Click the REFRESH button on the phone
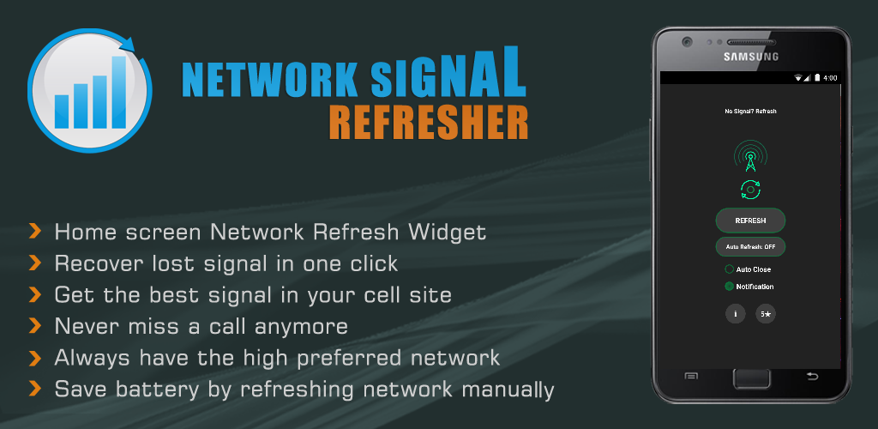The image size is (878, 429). [750, 221]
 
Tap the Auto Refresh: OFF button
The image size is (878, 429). [750, 247]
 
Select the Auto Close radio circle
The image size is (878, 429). [729, 269]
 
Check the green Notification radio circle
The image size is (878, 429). [729, 287]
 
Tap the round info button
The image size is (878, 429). [735, 314]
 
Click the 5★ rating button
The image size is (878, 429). [766, 314]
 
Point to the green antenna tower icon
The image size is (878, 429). [750, 158]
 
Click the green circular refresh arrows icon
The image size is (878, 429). [750, 190]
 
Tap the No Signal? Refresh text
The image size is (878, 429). [750, 112]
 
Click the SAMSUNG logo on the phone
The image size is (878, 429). [750, 57]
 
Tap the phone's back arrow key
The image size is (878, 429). [811, 376]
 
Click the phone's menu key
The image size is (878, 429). [691, 376]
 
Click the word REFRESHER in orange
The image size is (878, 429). [428, 123]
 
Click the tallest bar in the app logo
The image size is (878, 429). [118, 91]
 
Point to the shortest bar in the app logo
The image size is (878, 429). [62, 111]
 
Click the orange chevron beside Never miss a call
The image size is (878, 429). [35, 326]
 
